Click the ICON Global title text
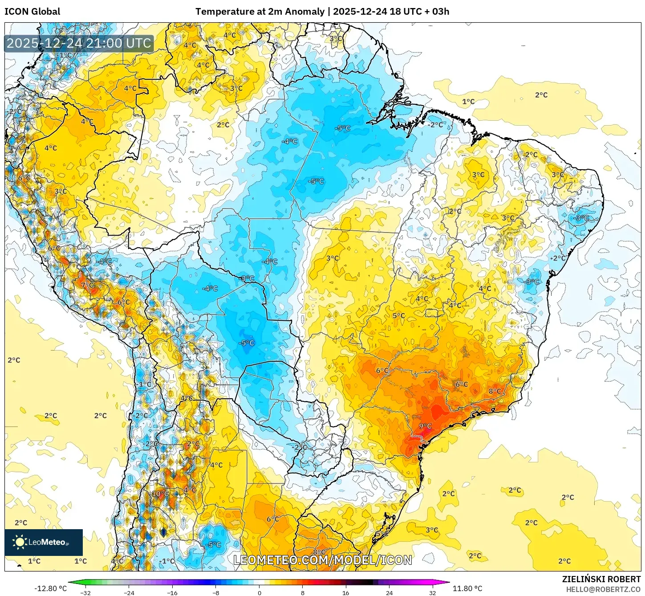32,12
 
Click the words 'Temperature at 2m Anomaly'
260,12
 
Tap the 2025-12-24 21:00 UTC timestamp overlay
79,44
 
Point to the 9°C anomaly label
425,426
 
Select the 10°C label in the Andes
160,494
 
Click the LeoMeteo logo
44,542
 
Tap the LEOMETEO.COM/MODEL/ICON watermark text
323,560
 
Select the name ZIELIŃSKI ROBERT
601,579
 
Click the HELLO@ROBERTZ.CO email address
603,589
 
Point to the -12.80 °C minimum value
50,588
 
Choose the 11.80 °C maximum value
467,588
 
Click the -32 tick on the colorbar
85,592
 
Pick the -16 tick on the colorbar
172,592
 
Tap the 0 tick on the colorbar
260,592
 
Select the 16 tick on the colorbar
346,592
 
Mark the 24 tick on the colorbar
389,592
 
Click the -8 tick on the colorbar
216,592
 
